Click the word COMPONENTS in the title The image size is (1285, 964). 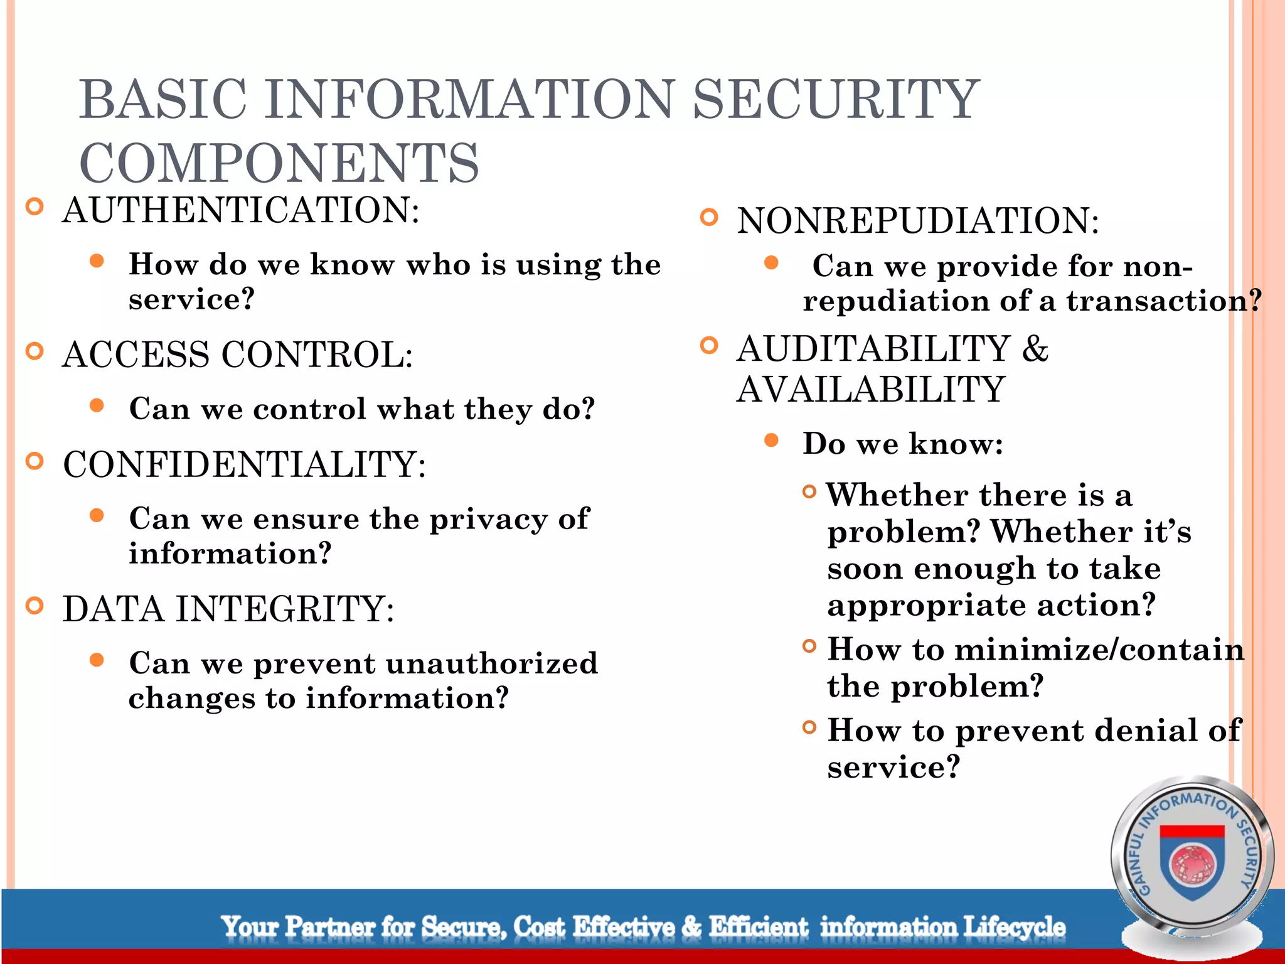[279, 163]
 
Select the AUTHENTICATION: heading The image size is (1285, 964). [241, 210]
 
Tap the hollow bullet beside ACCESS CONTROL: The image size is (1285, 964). [35, 351]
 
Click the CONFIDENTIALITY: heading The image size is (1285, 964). [245, 464]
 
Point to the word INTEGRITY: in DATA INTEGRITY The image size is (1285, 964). [285, 609]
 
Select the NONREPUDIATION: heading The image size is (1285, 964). [917, 221]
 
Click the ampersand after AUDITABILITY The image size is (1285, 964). [1035, 349]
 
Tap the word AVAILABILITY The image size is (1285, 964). [871, 389]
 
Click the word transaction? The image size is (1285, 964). [1164, 301]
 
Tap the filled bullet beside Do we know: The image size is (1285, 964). [771, 441]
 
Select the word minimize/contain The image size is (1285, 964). [1099, 649]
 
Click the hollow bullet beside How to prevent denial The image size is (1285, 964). [809, 727]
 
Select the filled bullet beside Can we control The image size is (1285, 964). [97, 405]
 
